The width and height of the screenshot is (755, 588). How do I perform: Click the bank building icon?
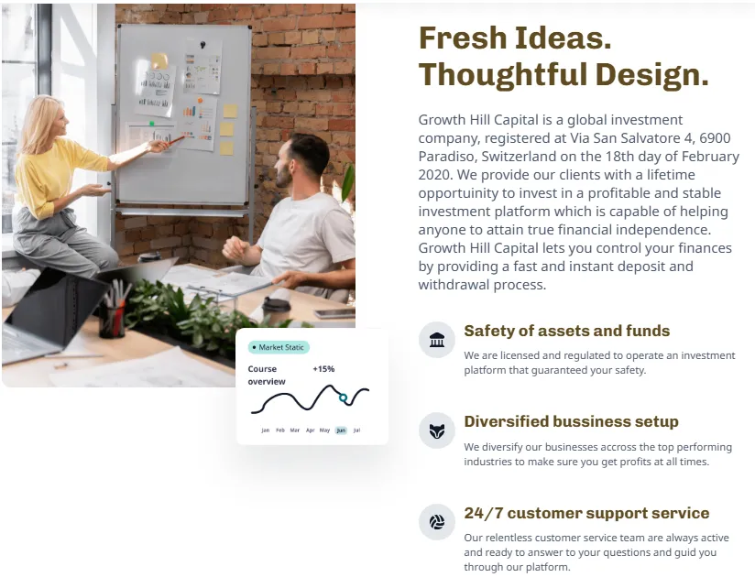437,340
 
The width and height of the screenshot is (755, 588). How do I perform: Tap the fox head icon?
437,430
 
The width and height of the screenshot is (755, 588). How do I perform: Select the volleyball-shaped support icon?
437,522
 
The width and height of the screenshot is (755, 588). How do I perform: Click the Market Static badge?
279,347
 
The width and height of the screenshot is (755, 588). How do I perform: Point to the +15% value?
323,369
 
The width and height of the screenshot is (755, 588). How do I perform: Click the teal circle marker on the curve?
343,397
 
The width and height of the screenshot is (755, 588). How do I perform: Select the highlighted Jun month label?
341,430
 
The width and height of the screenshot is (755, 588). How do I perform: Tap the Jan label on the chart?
266,430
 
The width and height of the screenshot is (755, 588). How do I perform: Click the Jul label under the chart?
356,430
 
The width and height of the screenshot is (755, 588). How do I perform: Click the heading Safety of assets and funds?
567,331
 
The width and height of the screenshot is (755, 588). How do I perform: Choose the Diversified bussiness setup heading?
571,421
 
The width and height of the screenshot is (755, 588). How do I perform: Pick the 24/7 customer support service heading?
586,513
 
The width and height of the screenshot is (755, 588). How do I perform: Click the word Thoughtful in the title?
503,74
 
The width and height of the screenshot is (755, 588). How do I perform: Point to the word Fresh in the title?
463,38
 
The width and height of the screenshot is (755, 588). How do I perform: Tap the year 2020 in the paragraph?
434,175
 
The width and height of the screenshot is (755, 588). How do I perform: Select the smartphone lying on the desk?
335,314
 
